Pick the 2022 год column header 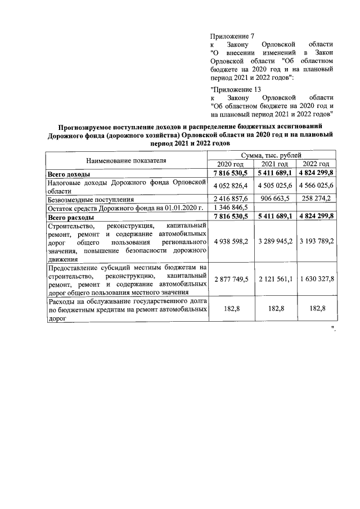coord(316,163)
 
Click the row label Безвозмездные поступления coord(91,199)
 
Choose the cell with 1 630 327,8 coord(316,280)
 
